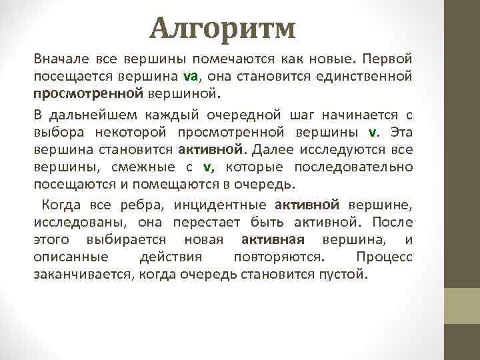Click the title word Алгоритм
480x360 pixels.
[222, 27]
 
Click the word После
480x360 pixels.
[393, 223]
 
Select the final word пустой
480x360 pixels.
[344, 274]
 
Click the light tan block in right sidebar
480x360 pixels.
[461, 305]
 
